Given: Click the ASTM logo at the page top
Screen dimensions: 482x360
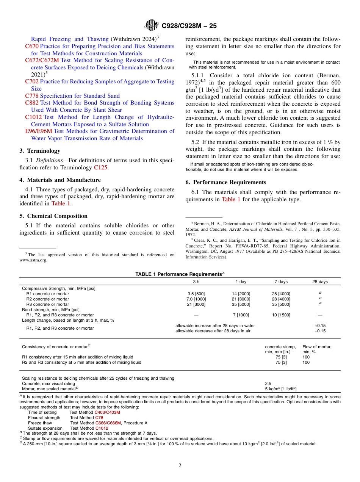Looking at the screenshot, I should click(x=152, y=26).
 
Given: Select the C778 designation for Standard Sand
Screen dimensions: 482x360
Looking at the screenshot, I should click(x=31, y=96).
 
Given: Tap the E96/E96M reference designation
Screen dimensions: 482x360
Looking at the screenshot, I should click(x=39, y=131).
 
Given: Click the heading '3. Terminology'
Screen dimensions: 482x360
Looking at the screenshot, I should click(x=40, y=151).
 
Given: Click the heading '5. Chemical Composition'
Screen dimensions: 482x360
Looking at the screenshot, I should click(x=53, y=216).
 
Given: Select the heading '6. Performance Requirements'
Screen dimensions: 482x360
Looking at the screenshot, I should click(x=226, y=182).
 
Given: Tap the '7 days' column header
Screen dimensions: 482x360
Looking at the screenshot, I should click(x=281, y=282).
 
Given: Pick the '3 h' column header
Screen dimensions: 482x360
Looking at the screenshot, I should click(x=196, y=282).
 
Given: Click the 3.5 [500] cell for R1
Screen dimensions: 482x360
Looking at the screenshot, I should click(x=196, y=294).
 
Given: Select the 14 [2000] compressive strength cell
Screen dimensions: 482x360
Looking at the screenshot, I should click(x=241, y=294).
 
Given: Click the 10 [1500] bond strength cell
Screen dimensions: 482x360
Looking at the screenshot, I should click(x=281, y=315).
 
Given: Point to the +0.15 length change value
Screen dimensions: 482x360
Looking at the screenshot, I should click(x=320, y=326).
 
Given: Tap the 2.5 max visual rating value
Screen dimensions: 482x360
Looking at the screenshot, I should click(x=268, y=383).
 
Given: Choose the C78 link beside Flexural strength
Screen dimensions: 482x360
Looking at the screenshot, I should click(x=99, y=418).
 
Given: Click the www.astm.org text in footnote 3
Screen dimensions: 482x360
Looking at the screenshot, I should click(x=33, y=260).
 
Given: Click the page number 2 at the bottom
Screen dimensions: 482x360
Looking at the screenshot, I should click(x=180, y=466).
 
